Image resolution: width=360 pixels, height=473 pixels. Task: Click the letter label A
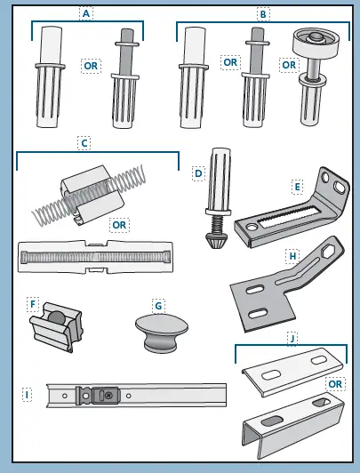point(86,13)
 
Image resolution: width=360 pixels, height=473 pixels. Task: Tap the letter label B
point(263,13)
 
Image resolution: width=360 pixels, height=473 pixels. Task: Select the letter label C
point(84,141)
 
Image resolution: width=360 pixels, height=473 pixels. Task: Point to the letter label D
point(199,173)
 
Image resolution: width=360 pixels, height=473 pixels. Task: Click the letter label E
point(297,187)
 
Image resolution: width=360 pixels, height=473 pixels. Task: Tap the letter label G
point(158,305)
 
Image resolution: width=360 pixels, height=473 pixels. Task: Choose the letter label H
point(292,256)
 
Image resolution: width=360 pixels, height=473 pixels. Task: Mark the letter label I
point(28,392)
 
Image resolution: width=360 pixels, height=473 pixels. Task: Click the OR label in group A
point(91,66)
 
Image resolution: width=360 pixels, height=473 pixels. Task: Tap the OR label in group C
point(118,226)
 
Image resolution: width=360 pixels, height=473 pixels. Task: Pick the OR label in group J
point(333,384)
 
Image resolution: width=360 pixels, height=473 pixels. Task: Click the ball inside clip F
point(55,317)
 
